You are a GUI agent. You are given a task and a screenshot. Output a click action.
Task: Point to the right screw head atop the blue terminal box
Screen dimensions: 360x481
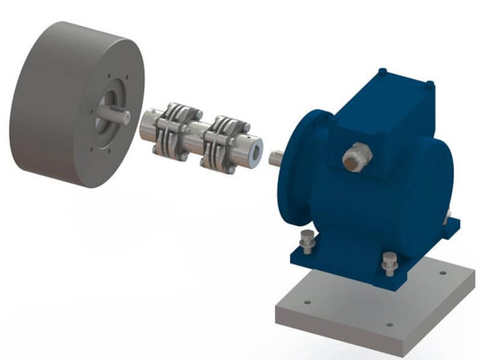click(430, 82)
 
